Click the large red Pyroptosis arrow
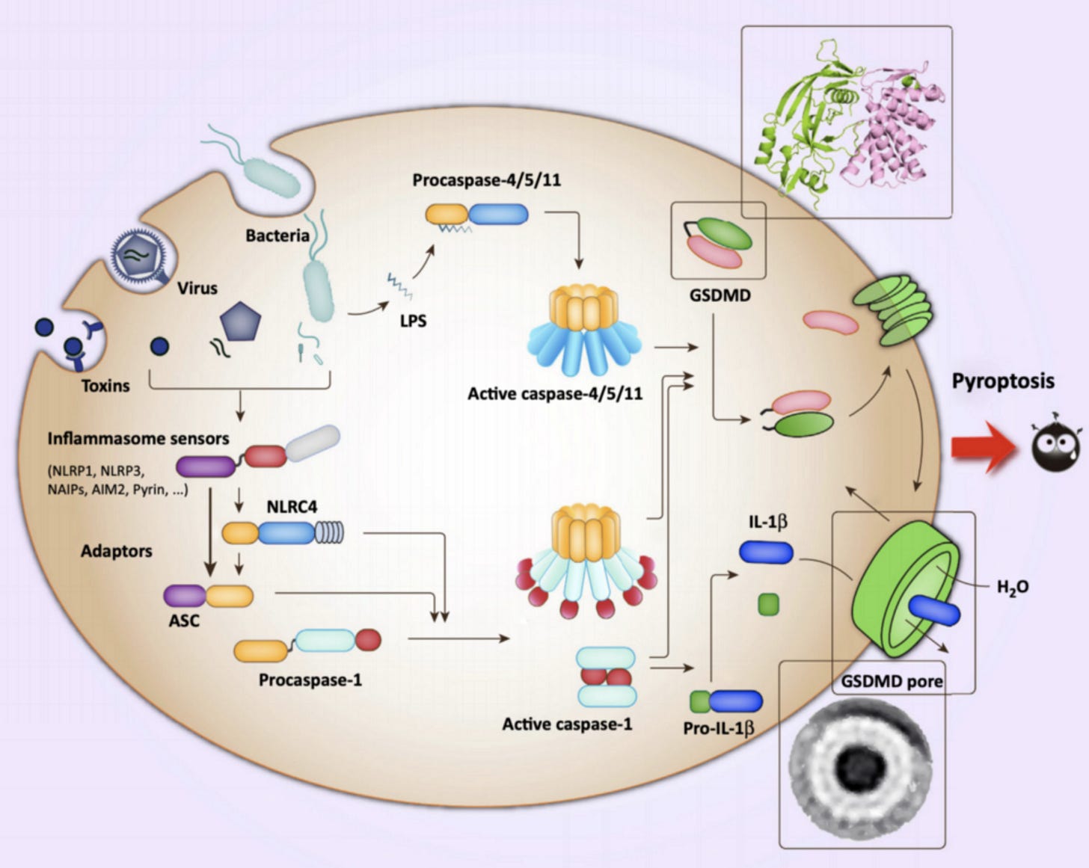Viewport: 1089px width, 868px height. [x=985, y=447]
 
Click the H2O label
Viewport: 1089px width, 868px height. [x=1013, y=587]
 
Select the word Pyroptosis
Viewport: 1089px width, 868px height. [x=1003, y=381]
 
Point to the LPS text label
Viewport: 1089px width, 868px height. [x=413, y=321]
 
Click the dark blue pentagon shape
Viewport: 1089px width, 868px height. [x=240, y=321]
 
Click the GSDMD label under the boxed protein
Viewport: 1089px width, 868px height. [x=720, y=295]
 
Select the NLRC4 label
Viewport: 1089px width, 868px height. [x=292, y=506]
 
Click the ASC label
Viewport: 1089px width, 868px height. [x=184, y=621]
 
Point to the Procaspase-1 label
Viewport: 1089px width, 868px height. [x=310, y=680]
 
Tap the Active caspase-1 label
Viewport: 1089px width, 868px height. [x=567, y=724]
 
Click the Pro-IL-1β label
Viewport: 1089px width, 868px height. [x=719, y=728]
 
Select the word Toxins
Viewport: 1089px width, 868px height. [x=105, y=386]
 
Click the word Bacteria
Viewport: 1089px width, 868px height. [x=277, y=236]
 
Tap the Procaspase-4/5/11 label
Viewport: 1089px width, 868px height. [x=486, y=180]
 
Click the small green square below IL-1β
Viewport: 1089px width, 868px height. [x=769, y=605]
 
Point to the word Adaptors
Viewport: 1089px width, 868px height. [x=117, y=551]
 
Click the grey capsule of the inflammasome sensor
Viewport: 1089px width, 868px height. [x=313, y=443]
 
